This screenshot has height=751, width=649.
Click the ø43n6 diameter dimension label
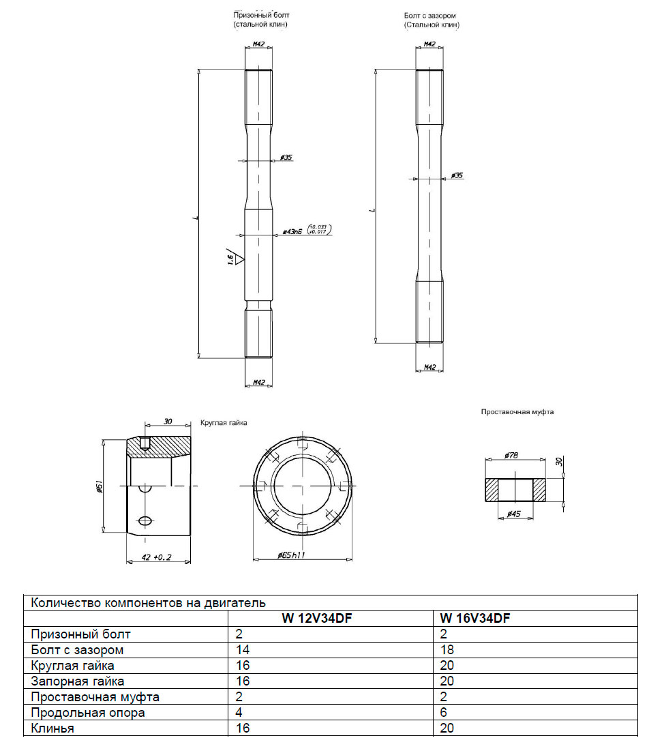point(292,232)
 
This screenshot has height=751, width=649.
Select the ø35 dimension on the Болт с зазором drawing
point(457,175)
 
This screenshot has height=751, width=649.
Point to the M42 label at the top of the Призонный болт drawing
point(258,45)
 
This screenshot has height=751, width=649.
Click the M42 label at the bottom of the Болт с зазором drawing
point(429,368)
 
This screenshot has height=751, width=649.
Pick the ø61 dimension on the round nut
point(100,486)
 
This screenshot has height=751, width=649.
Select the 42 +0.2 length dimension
point(157,557)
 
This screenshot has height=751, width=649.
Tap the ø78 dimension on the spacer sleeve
point(512,455)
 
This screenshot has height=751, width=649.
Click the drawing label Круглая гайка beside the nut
point(224,423)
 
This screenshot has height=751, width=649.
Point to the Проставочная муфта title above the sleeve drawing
point(517,412)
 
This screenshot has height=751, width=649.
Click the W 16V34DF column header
point(475,619)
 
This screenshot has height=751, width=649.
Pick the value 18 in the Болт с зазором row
point(447,650)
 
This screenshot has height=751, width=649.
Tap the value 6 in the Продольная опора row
point(444,713)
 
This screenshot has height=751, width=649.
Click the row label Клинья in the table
point(52,728)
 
